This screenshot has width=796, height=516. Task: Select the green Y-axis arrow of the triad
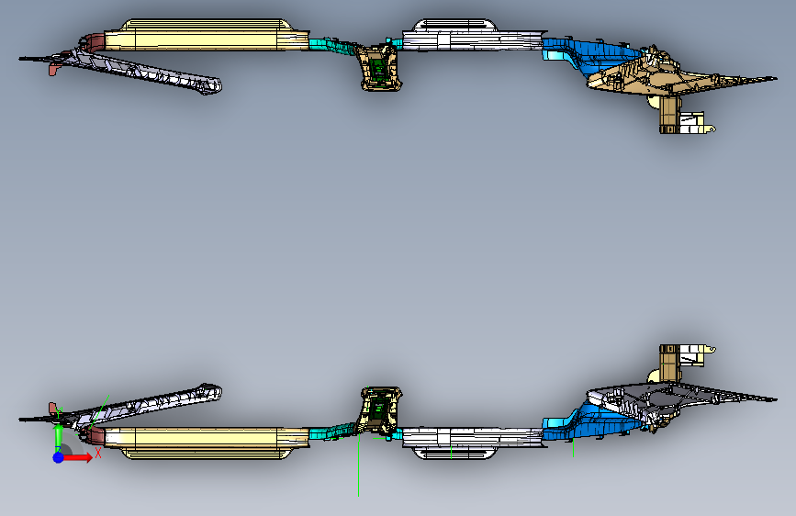click(58, 436)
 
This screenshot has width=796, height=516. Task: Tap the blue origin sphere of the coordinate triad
click(58, 456)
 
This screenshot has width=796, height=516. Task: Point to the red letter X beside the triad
click(97, 453)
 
